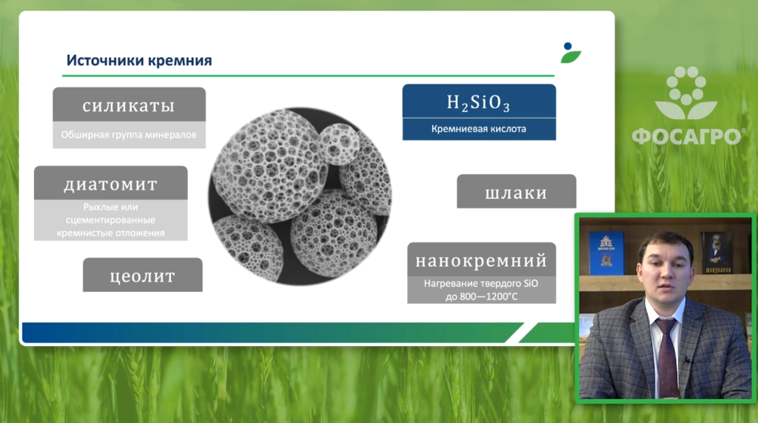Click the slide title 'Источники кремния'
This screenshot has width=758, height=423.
(139, 61)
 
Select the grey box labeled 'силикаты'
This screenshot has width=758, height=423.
(129, 104)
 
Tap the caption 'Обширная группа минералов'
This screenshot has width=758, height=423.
(129, 135)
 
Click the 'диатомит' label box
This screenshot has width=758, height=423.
(111, 183)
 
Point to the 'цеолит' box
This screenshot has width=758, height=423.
(143, 275)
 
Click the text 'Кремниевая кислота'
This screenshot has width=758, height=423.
(479, 129)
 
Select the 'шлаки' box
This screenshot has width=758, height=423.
(516, 192)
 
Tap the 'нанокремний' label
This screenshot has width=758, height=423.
(481, 260)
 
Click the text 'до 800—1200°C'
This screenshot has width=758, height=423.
(481, 296)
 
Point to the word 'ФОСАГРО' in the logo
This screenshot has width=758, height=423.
(685, 136)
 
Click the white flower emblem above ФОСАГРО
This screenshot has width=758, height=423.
(686, 93)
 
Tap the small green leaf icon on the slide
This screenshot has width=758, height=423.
(571, 53)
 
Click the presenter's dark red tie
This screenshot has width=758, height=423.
(668, 358)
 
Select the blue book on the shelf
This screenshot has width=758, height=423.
(606, 253)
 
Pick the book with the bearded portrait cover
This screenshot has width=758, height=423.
(717, 252)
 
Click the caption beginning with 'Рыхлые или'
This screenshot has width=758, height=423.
(111, 220)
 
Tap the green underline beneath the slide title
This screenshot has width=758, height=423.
(309, 76)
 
